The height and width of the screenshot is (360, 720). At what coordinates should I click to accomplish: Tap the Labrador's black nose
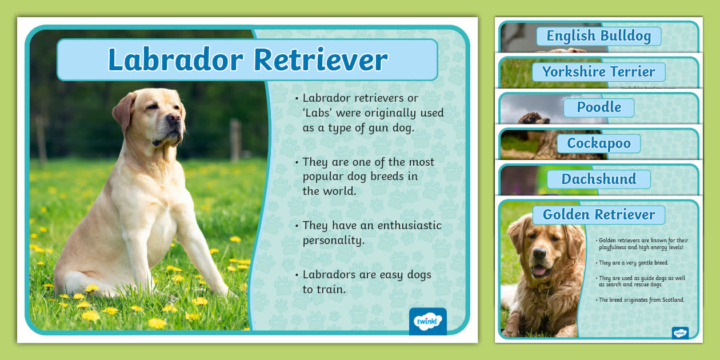(x=174, y=119)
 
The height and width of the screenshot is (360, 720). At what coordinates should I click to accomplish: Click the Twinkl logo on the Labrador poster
(x=427, y=322)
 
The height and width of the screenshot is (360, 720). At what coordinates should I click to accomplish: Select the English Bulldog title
(x=598, y=36)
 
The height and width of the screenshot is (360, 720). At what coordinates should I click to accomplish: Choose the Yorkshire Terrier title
(x=598, y=72)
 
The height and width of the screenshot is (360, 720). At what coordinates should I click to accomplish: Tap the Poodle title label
(x=598, y=107)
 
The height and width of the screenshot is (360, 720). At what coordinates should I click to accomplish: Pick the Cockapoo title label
(x=598, y=143)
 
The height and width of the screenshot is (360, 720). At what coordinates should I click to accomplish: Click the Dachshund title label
(x=598, y=179)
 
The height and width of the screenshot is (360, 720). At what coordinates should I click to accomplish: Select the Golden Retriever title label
(x=598, y=215)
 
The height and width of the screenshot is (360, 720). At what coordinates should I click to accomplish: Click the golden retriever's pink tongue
(x=539, y=271)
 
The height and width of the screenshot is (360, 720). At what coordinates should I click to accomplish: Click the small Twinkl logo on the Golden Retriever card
(x=680, y=333)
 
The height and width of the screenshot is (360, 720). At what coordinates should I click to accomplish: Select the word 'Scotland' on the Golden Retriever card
(x=672, y=300)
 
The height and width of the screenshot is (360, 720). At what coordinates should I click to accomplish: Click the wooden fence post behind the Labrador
(x=235, y=140)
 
